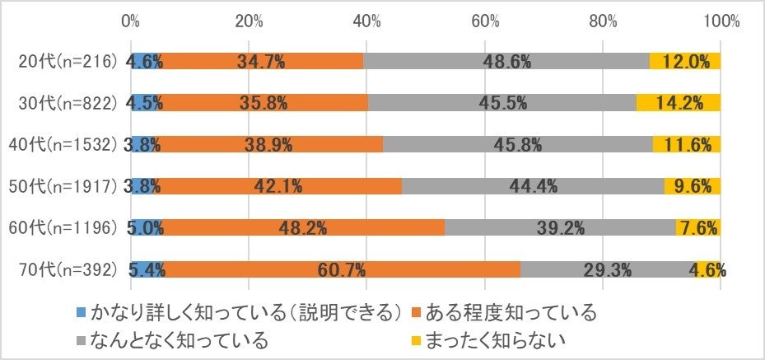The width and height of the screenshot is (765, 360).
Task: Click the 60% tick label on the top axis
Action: [485, 21]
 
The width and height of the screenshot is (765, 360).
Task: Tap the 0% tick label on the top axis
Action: [130, 21]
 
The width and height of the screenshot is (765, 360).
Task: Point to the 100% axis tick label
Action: [721, 21]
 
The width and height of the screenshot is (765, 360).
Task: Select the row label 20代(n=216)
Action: [68, 61]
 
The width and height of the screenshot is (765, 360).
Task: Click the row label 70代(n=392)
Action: [68, 269]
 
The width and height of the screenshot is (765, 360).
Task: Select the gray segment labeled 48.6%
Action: [506, 61]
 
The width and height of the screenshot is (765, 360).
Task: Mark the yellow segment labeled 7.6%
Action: [698, 227]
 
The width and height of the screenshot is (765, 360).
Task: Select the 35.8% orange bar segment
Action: [263, 103]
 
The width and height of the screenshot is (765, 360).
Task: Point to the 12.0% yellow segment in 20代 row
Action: [685, 61]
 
